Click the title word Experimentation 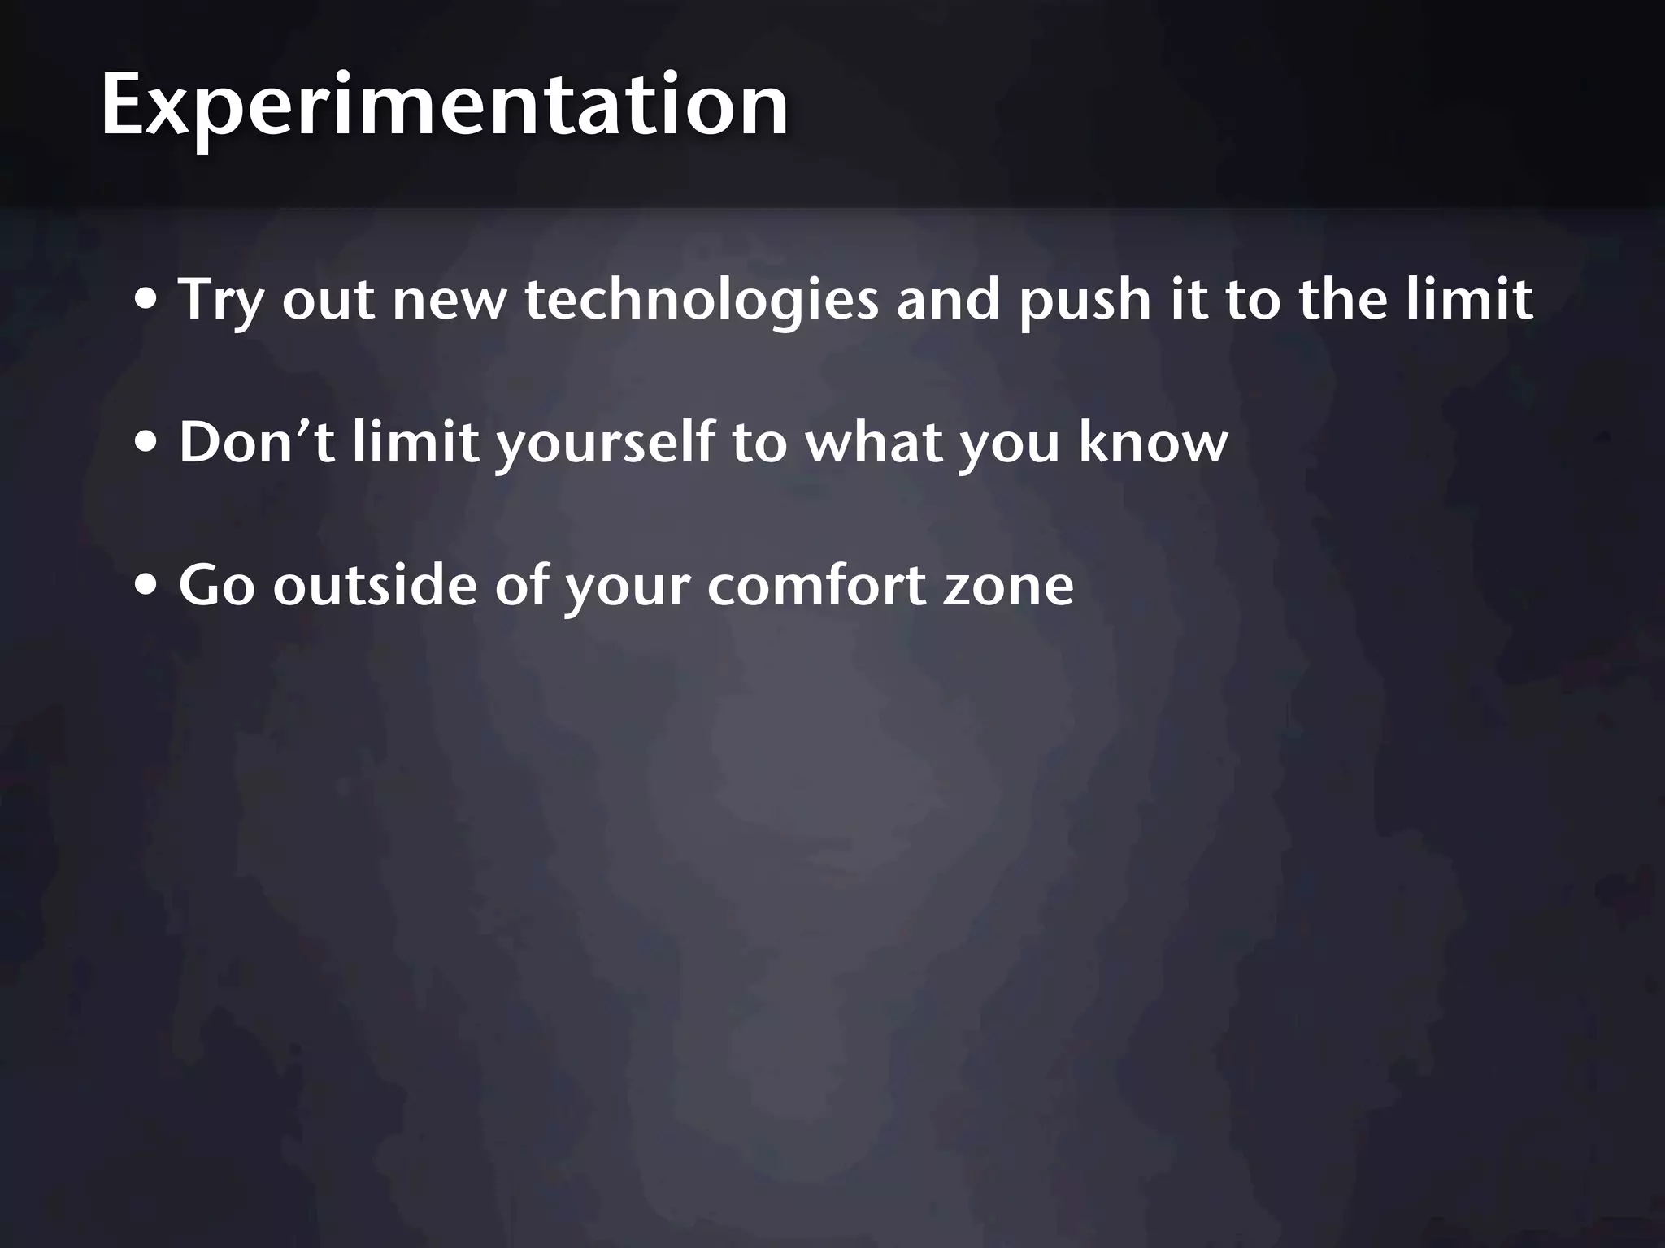point(444,106)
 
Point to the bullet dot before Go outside point(147,587)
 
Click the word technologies point(702,301)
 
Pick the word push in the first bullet point(1085,301)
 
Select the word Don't point(256,443)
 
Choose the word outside point(374,585)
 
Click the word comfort point(816,585)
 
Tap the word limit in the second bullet point(415,443)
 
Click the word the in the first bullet point(1342,299)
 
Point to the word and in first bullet point(948,299)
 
